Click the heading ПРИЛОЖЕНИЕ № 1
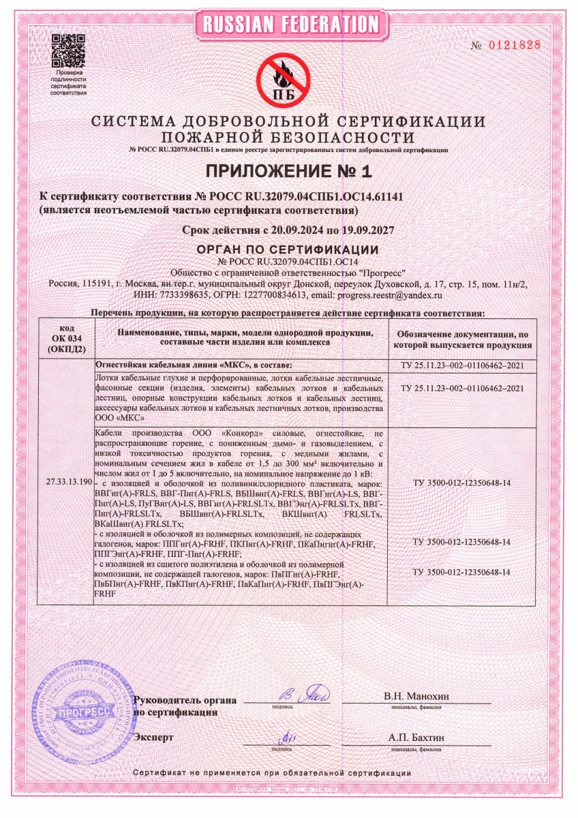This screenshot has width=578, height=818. click(289, 170)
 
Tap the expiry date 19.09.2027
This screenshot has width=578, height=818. click(367, 230)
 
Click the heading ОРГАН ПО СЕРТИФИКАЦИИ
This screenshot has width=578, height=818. click(288, 249)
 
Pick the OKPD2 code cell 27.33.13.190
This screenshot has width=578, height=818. click(65, 481)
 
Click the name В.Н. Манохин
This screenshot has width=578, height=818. click(416, 696)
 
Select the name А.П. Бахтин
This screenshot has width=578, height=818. click(416, 738)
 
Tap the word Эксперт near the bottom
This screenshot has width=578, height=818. click(154, 738)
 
